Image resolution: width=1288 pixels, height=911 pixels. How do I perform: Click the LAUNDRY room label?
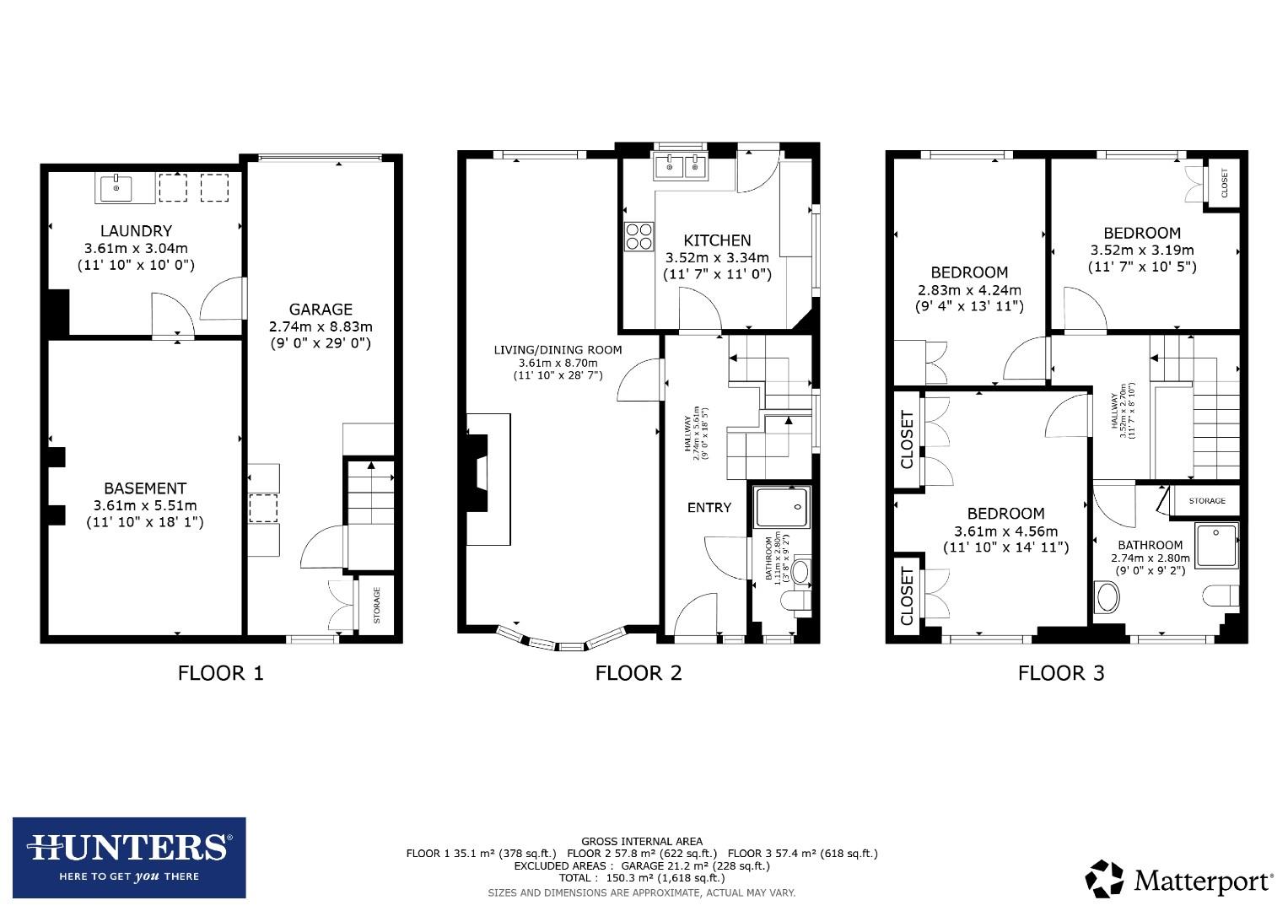(x=136, y=230)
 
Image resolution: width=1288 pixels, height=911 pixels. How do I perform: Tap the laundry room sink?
(x=116, y=188)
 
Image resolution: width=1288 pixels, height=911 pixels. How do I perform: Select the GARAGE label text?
(x=321, y=309)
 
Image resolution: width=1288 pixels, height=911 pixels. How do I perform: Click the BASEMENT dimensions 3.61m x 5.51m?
(x=145, y=505)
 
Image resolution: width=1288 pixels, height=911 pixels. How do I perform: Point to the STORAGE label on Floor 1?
(x=376, y=605)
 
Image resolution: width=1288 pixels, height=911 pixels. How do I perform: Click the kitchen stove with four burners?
(x=639, y=235)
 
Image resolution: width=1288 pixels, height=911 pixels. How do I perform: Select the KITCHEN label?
(x=717, y=240)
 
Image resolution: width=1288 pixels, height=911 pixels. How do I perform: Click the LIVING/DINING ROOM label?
(x=558, y=350)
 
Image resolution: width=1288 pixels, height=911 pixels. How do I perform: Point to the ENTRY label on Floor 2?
(x=709, y=507)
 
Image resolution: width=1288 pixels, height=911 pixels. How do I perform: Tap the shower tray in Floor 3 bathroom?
(x=1215, y=544)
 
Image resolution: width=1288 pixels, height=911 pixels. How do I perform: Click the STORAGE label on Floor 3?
(x=1207, y=500)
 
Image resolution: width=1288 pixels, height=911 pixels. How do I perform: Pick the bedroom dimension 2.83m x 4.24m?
(x=969, y=289)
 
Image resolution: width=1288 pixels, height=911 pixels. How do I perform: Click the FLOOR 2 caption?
(x=639, y=672)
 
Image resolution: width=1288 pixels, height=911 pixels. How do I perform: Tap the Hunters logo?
(x=129, y=857)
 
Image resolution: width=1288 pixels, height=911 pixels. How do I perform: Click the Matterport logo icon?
(x=1104, y=879)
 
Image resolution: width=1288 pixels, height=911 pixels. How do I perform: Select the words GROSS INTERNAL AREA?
(x=641, y=841)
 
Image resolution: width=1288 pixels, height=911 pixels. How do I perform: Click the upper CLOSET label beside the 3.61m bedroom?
(x=908, y=439)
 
